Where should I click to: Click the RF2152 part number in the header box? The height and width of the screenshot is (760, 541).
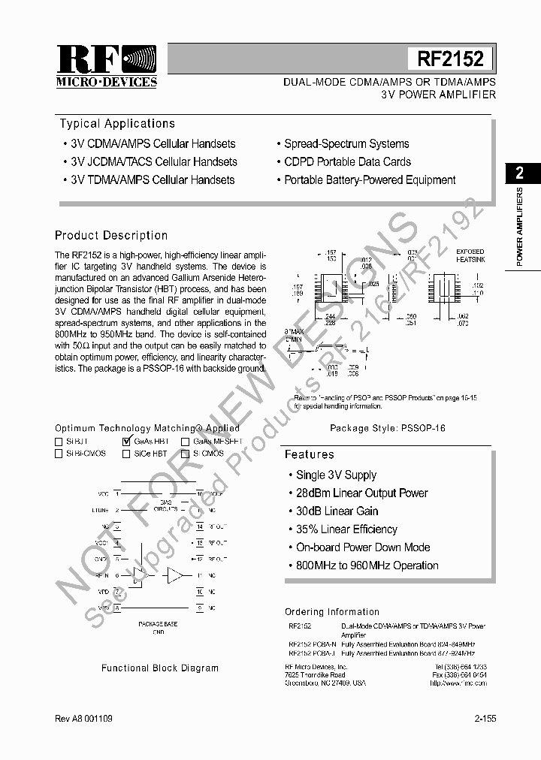[450, 59]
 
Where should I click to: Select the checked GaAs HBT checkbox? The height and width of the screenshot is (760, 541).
[126, 442]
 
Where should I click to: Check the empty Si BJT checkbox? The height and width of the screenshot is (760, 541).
[59, 442]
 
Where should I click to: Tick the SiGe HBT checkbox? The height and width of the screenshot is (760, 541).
[126, 454]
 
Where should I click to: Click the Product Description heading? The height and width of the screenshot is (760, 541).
[111, 236]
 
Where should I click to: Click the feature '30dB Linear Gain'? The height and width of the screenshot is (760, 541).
[337, 511]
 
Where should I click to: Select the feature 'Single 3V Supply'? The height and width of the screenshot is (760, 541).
[336, 475]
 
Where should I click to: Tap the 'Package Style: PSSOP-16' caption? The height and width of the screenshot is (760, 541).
[388, 428]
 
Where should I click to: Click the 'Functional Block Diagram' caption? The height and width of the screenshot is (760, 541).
[160, 668]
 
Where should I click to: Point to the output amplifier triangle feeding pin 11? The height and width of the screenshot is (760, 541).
[174, 575]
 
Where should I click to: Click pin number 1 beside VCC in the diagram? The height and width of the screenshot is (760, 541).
[117, 494]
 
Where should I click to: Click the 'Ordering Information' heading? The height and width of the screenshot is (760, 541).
[332, 612]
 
